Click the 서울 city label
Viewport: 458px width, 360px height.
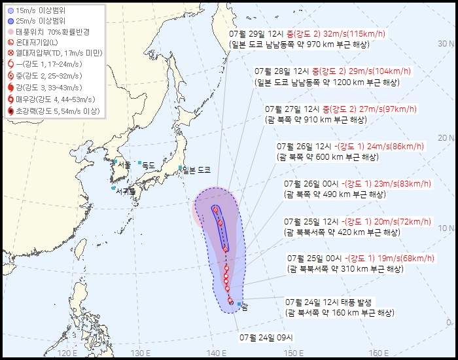(x=124, y=164)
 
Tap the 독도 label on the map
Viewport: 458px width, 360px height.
(x=149, y=166)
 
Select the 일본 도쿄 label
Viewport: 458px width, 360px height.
(x=197, y=170)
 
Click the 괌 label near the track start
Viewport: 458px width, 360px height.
(x=244, y=306)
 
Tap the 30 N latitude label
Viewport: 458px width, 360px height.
(x=446, y=43)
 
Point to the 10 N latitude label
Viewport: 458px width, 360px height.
(x=446, y=228)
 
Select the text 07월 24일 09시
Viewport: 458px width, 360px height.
(x=266, y=338)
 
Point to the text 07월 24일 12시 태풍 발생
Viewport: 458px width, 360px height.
(x=328, y=302)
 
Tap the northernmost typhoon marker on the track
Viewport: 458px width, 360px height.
(x=215, y=209)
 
